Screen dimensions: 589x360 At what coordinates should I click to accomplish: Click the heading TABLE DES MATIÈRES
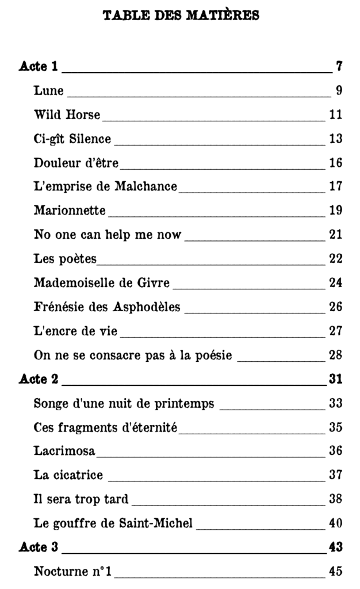tap(181, 15)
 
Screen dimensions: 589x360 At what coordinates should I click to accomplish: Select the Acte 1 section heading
tap(39, 66)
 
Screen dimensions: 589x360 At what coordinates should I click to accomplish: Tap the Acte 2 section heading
tap(39, 379)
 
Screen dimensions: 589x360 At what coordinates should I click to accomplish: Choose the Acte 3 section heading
tap(39, 548)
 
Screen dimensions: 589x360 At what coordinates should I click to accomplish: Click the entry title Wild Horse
tap(67, 114)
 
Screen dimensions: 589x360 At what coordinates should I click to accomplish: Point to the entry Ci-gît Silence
tap(72, 139)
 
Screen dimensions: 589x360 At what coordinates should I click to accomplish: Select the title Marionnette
tap(70, 211)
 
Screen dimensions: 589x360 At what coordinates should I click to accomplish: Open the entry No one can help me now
tap(108, 235)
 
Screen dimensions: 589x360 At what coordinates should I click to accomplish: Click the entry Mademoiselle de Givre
tap(103, 283)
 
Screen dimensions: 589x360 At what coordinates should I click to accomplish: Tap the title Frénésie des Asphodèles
tap(107, 307)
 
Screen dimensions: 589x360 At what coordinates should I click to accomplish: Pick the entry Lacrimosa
tap(64, 451)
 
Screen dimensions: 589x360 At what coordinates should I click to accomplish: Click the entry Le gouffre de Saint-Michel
tap(113, 523)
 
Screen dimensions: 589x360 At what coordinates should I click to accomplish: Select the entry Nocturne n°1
tap(72, 572)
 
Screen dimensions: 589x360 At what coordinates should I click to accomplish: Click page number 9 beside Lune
tap(339, 90)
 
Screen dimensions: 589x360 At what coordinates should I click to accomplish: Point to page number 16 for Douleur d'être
tap(336, 163)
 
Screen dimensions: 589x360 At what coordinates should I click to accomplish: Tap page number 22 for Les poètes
tap(336, 259)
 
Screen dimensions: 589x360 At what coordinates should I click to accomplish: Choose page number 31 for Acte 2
tap(336, 379)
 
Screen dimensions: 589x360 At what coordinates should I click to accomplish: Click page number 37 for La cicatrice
tap(336, 475)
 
